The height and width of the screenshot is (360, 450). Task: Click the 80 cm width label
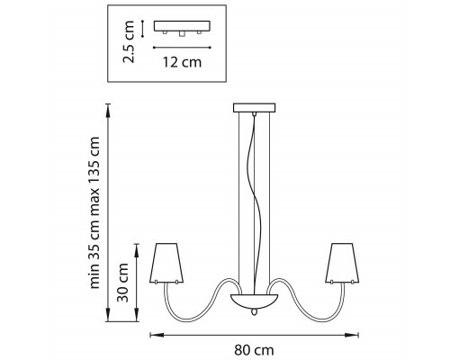click(254, 350)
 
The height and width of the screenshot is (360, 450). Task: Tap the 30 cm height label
click(123, 283)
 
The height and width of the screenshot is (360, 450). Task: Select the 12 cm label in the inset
click(182, 62)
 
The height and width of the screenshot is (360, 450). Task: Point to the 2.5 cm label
click(129, 41)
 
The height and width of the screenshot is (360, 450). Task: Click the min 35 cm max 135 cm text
click(94, 212)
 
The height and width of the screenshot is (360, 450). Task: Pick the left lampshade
click(166, 263)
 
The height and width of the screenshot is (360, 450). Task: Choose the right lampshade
click(342, 263)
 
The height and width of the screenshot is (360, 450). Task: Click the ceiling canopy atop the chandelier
click(255, 108)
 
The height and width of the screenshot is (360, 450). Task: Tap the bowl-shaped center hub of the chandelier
click(254, 301)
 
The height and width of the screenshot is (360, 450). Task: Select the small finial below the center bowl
click(255, 312)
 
